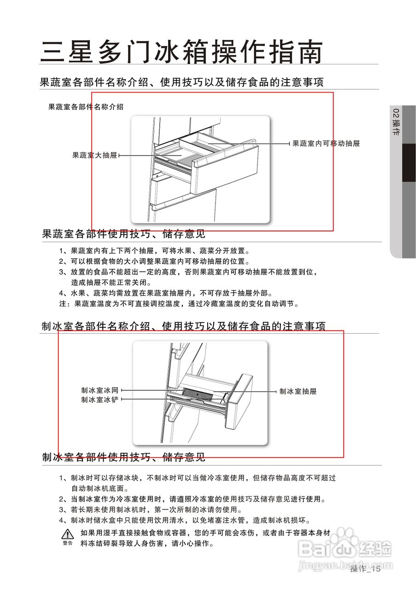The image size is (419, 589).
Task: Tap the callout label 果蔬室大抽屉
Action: point(95,156)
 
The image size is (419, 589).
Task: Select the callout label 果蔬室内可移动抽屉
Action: point(326,144)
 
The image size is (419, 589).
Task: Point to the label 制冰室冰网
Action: point(100,391)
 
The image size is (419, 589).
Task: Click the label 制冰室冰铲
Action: point(100,400)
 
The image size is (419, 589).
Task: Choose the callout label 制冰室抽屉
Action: point(298,392)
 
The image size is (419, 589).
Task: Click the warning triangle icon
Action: point(68,534)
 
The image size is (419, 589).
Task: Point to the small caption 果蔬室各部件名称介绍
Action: point(86,107)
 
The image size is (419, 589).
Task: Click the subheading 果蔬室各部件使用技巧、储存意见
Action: point(123,234)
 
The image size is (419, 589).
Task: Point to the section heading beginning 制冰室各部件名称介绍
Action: point(183,326)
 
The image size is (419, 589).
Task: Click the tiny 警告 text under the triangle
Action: point(68,543)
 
